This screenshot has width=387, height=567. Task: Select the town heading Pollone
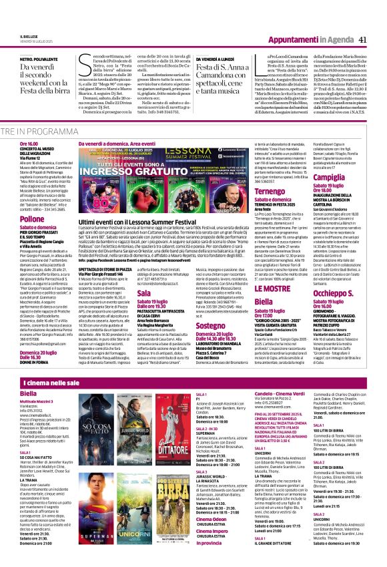tap(32, 218)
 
